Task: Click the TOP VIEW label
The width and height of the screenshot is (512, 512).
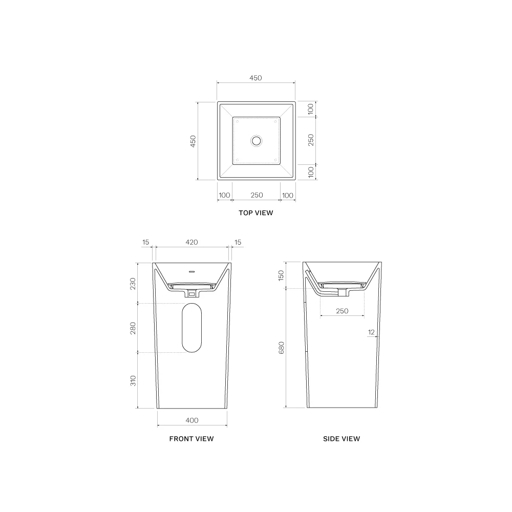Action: click(255, 213)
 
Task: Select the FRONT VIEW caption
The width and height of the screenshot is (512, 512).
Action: click(191, 439)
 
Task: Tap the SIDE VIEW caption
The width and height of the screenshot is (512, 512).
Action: click(342, 439)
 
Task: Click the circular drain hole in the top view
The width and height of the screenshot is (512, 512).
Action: click(256, 140)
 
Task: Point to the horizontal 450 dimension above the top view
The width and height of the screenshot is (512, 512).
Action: click(255, 78)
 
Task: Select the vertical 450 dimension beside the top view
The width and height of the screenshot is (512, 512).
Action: click(193, 141)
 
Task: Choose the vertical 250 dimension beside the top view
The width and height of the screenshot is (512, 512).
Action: click(311, 140)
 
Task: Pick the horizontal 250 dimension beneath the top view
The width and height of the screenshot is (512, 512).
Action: click(257, 195)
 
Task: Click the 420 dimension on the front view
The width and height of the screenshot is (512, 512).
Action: click(191, 242)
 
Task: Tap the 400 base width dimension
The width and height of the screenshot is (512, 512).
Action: click(191, 420)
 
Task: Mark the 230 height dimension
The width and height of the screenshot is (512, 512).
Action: click(133, 283)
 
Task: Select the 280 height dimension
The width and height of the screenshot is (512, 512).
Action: click(133, 328)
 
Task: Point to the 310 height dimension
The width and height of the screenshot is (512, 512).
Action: click(133, 380)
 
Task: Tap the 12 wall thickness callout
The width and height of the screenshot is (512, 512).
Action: click(371, 332)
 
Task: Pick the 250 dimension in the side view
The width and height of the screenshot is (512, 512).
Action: click(342, 311)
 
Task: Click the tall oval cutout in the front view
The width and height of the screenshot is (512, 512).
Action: click(192, 328)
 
